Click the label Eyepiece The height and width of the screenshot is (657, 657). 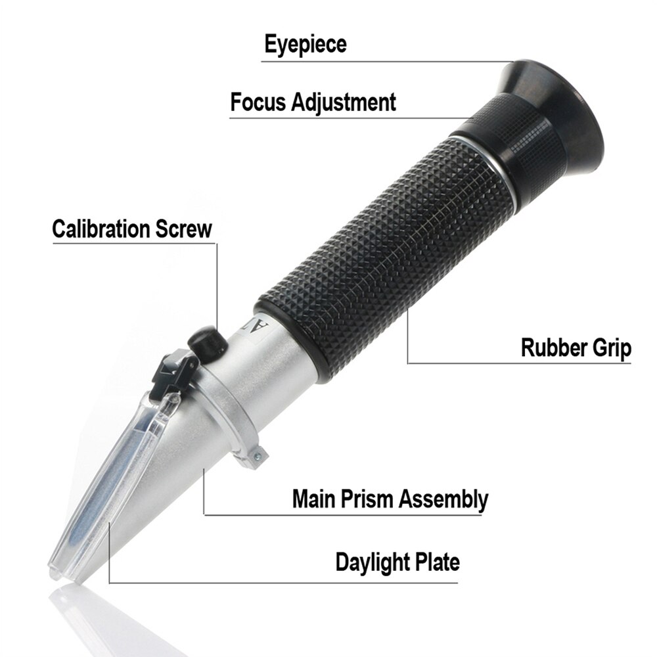click(305, 45)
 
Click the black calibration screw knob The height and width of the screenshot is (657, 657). click(204, 344)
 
